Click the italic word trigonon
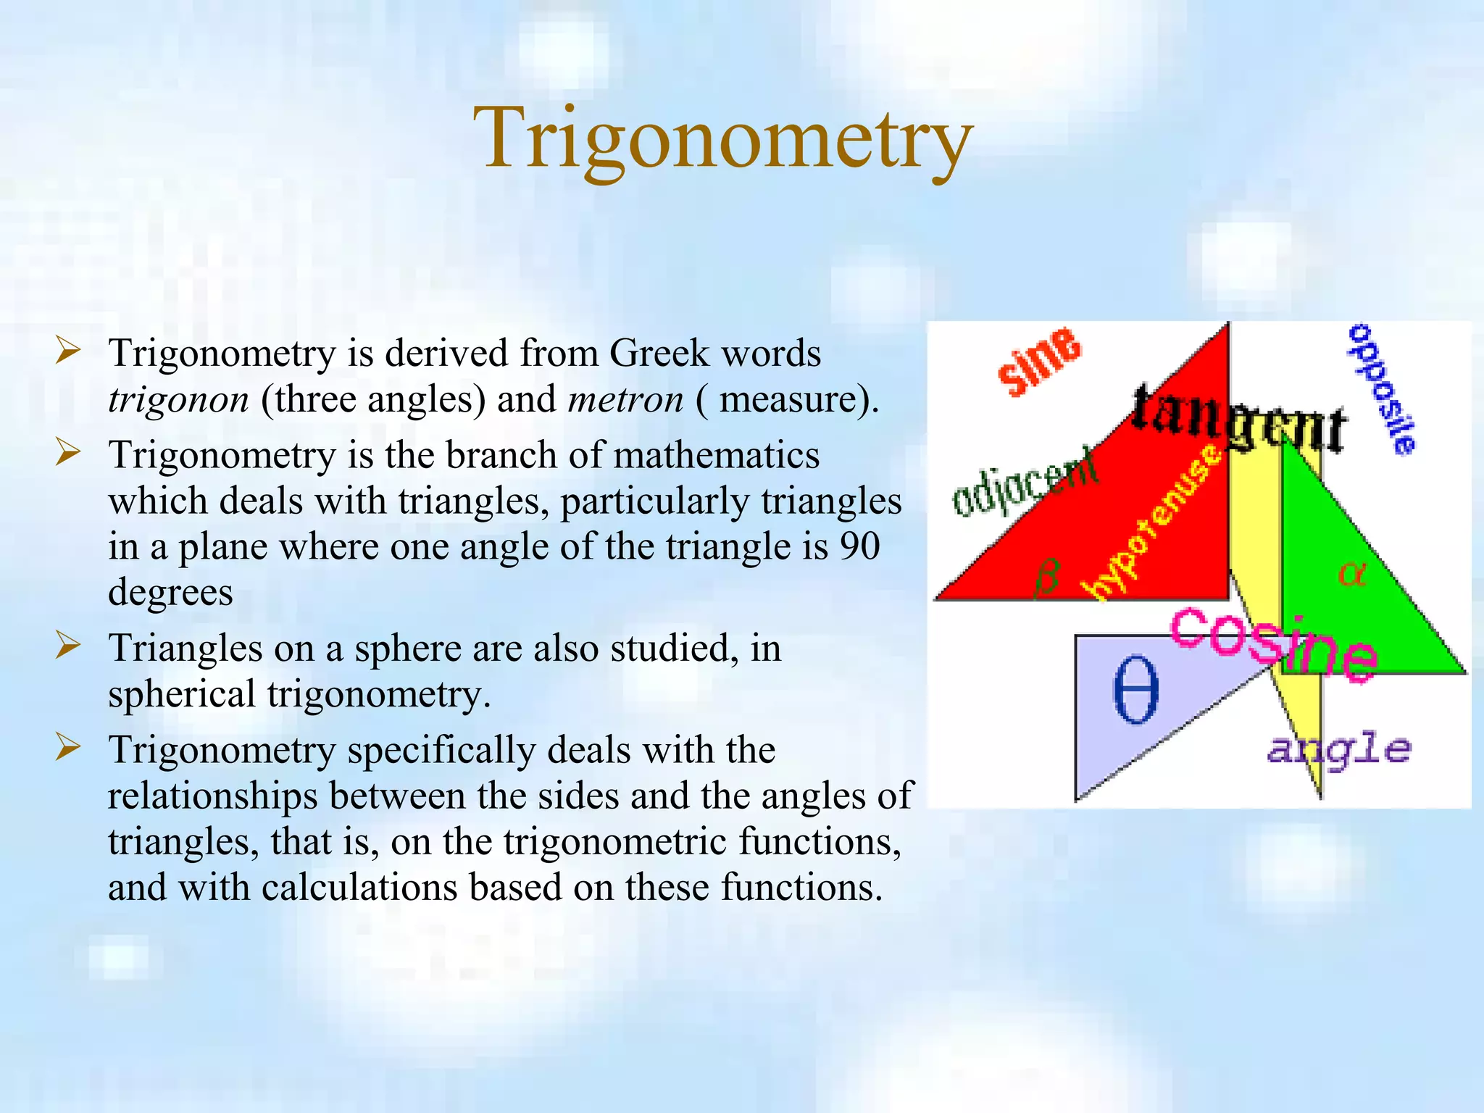(x=178, y=400)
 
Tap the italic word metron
(x=625, y=400)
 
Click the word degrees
(x=170, y=593)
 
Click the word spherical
(x=181, y=694)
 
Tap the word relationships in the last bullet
(x=212, y=796)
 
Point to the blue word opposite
(x=1381, y=389)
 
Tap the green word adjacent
(x=1024, y=482)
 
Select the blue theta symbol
(x=1135, y=689)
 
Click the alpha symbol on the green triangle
(x=1351, y=574)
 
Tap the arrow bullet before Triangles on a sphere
(x=67, y=645)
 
